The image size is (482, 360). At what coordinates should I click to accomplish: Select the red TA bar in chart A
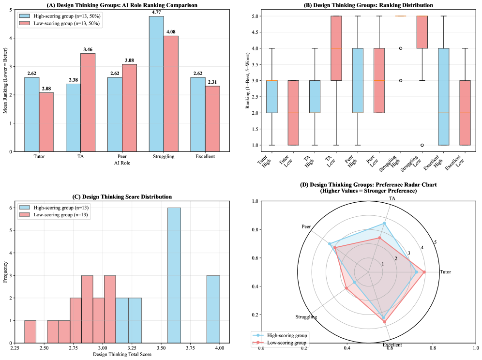click(88, 102)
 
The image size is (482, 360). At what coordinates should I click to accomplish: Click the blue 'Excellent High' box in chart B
click(443, 97)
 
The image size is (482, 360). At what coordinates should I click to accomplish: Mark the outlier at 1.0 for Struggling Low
click(422, 145)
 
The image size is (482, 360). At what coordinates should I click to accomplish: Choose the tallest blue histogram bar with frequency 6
click(174, 275)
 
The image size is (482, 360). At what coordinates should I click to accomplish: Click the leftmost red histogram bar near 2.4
click(30, 331)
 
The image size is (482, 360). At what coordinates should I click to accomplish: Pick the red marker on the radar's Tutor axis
click(424, 272)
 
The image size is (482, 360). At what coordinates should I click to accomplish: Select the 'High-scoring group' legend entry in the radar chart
click(284, 335)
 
